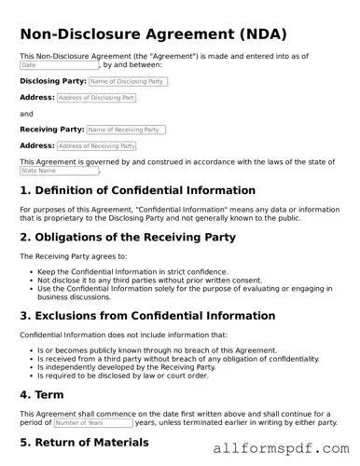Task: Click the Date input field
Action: click(59, 66)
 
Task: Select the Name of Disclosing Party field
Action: click(128, 82)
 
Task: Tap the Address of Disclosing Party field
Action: click(96, 98)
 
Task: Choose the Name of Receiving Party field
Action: click(126, 130)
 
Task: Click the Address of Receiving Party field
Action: click(96, 146)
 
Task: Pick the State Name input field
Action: click(59, 171)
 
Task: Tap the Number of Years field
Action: click(98, 422)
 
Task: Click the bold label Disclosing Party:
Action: click(52, 82)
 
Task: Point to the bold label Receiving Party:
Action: click(51, 130)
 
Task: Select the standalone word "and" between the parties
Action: click(26, 114)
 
